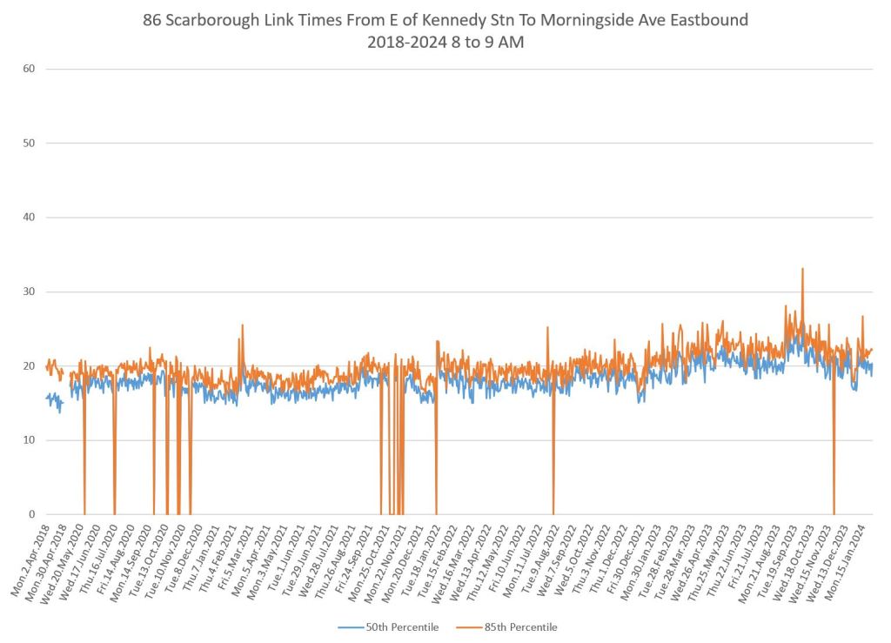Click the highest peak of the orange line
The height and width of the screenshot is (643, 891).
click(x=802, y=269)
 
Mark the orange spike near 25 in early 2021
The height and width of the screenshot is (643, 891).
click(x=242, y=326)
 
